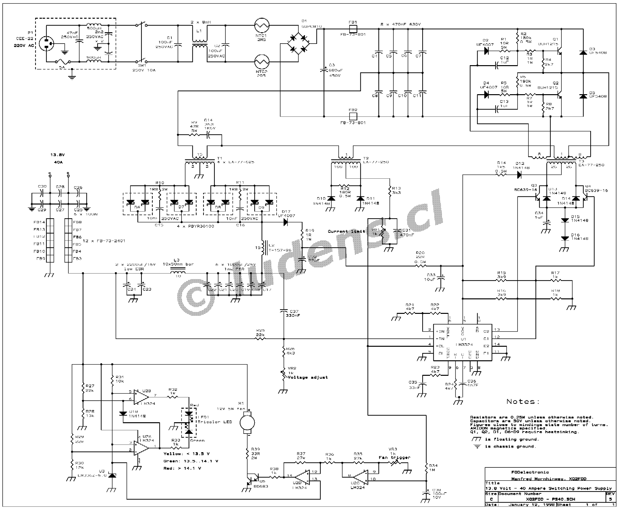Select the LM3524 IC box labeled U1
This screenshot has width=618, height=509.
(x=462, y=343)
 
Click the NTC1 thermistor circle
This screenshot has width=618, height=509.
(x=262, y=25)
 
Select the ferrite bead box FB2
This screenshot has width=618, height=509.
(x=353, y=116)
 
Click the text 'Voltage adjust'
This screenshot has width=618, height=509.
(x=307, y=377)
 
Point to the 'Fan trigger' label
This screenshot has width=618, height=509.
(x=394, y=457)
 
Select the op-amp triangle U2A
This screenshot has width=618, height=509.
(x=141, y=447)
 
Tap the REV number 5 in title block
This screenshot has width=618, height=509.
(x=610, y=499)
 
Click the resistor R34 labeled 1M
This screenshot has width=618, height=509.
(x=427, y=467)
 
